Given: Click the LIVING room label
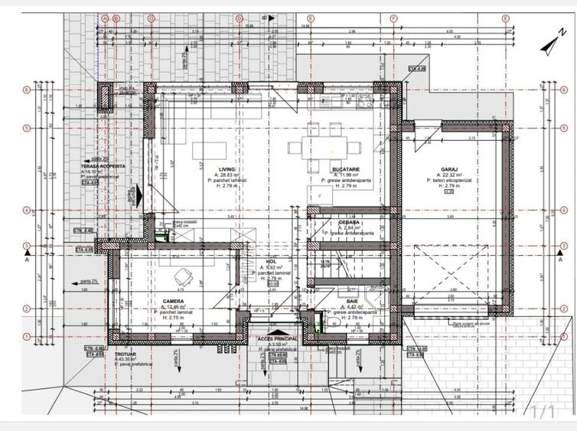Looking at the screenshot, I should click(x=226, y=169).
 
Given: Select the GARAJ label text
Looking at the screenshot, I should click(x=449, y=169).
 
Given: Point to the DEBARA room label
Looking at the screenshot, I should click(x=338, y=222).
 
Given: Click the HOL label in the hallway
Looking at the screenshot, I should click(x=271, y=261).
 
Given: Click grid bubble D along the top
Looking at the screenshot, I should click(x=240, y=18).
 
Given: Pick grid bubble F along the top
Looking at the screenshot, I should click(x=393, y=18).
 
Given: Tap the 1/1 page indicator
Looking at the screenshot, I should click(x=542, y=412).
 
